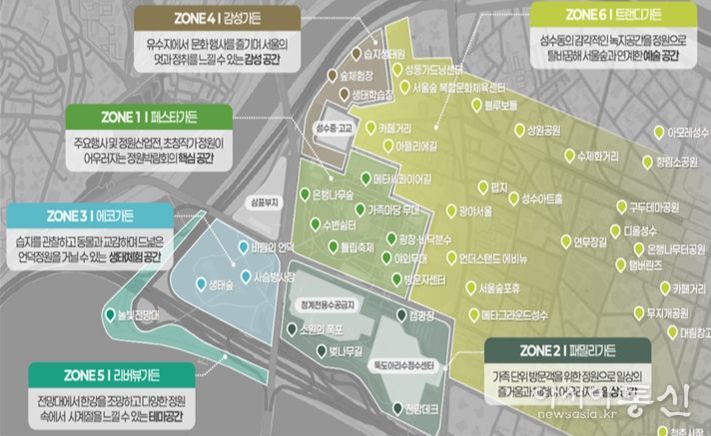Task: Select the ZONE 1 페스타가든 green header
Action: point(147,114)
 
